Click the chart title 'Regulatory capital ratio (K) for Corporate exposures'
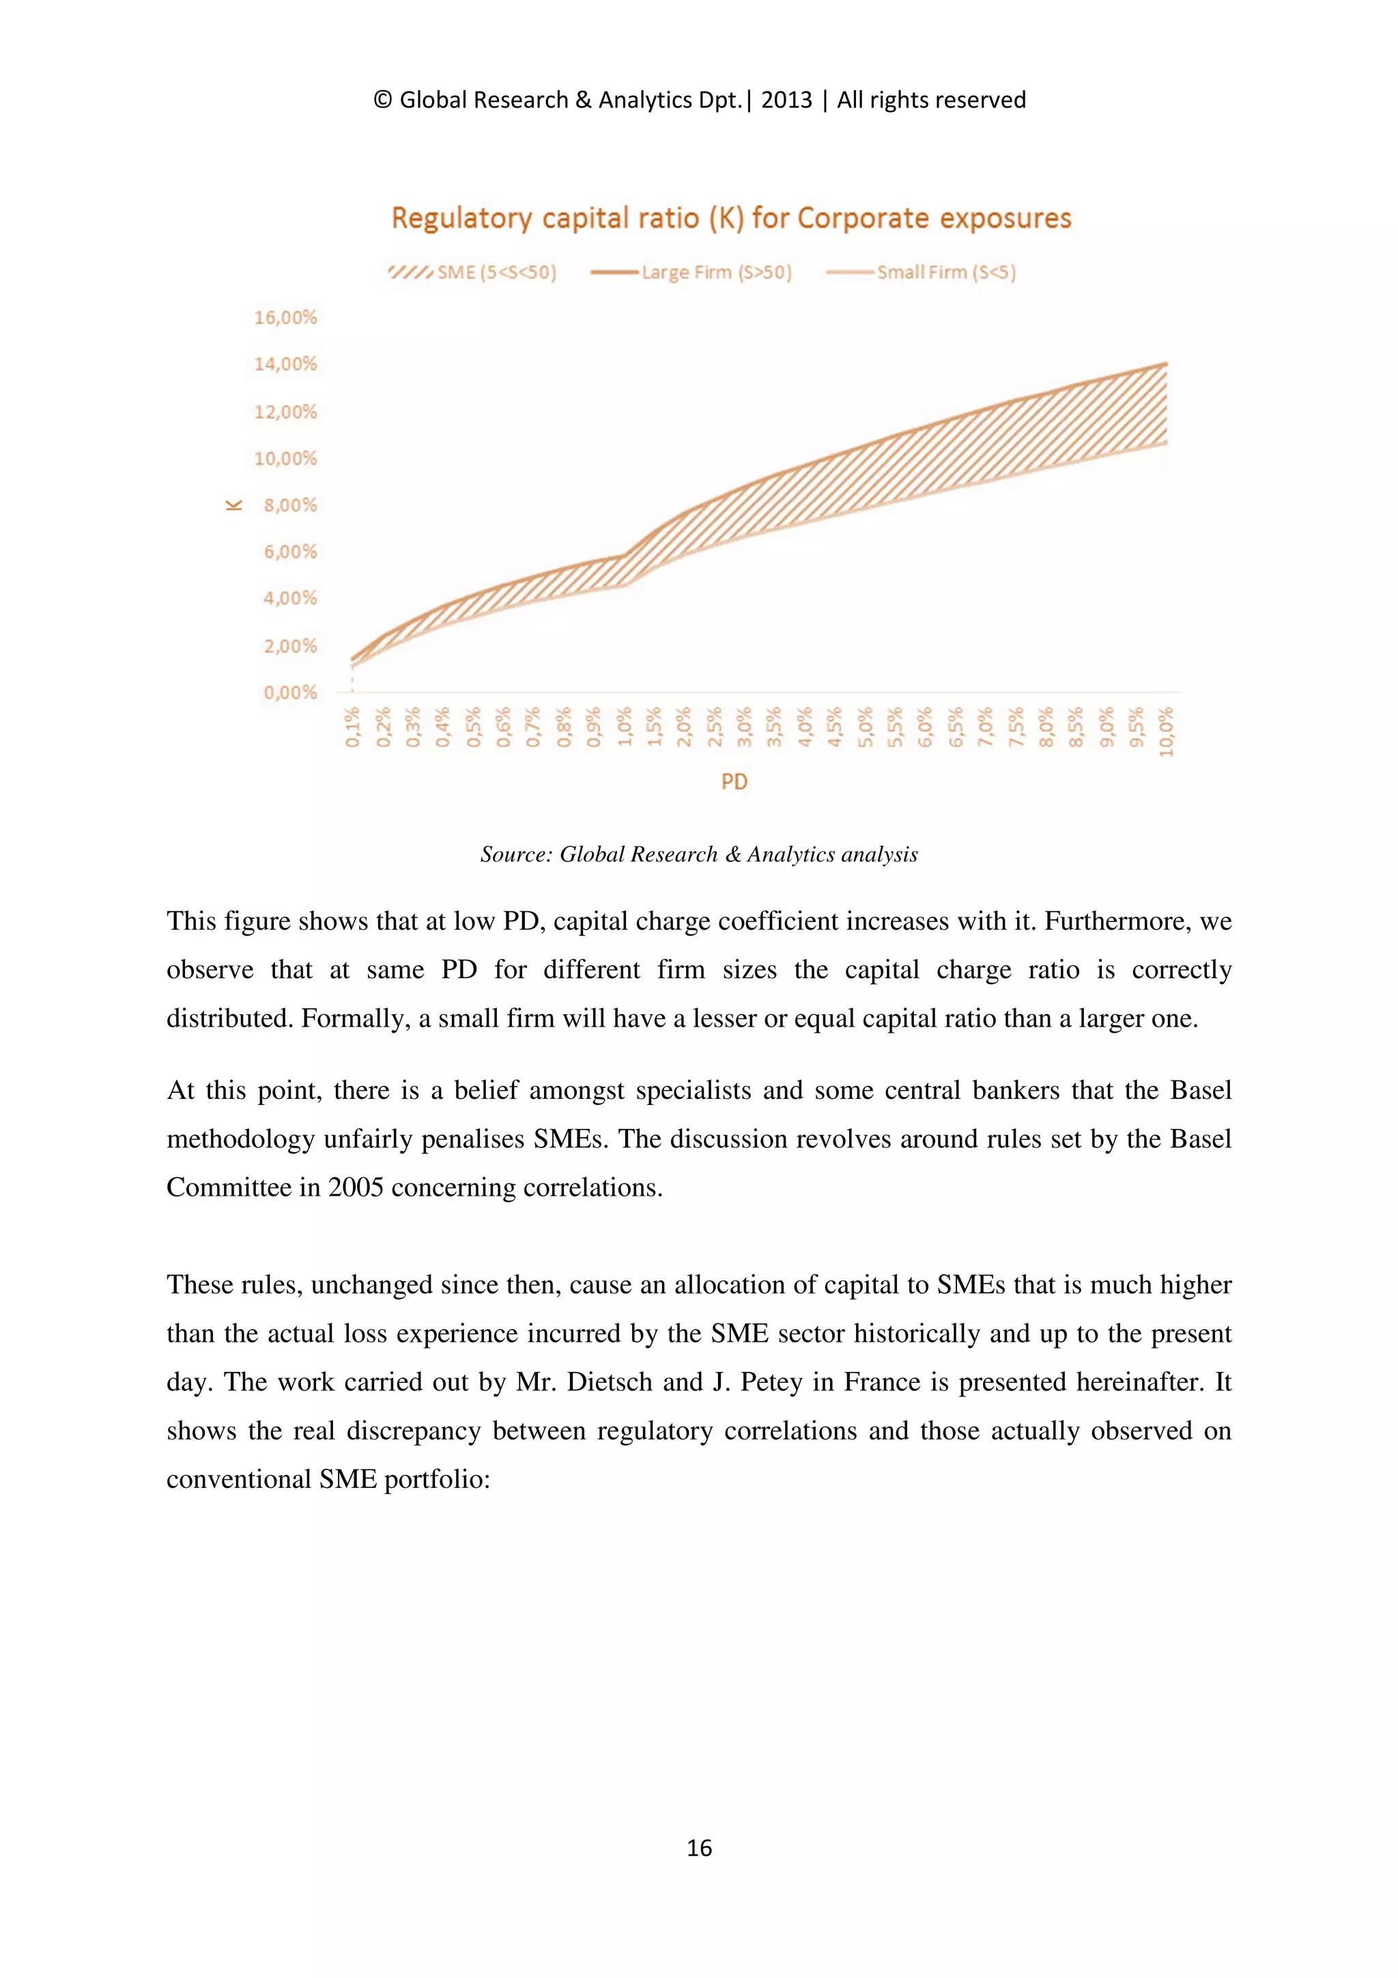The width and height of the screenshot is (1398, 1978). click(730, 218)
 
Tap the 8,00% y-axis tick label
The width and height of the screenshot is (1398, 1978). click(290, 505)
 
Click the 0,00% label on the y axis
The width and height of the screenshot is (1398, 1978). click(290, 692)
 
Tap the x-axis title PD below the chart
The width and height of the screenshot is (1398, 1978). click(734, 782)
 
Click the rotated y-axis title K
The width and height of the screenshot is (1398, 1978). click(233, 505)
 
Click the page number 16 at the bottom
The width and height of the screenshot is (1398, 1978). click(698, 1847)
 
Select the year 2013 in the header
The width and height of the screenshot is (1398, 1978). click(786, 100)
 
